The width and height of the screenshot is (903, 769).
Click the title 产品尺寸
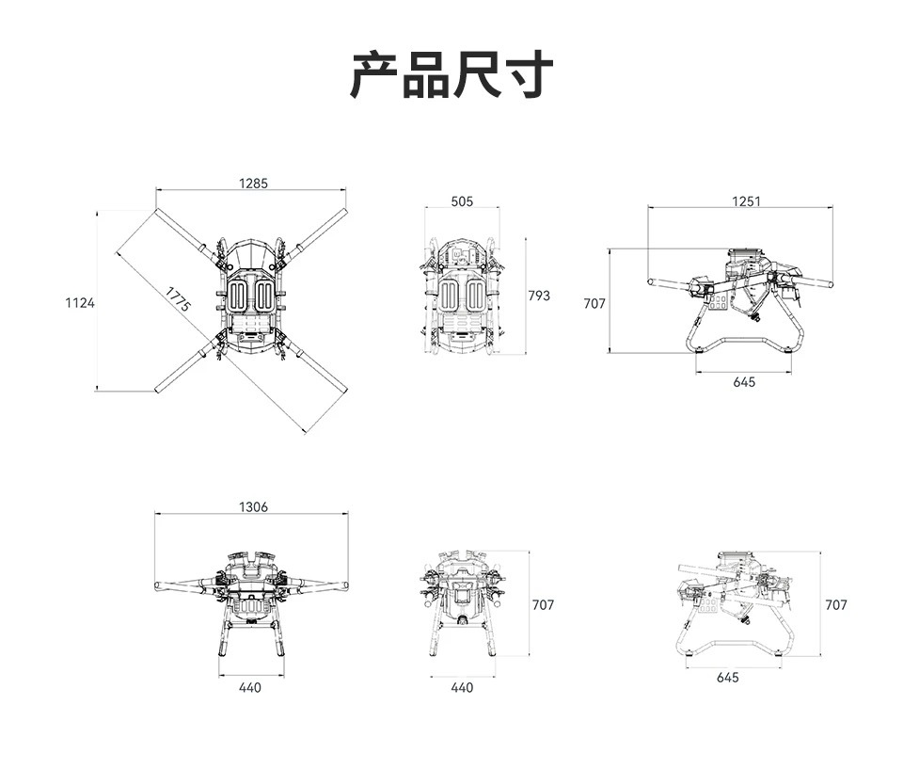click(452, 75)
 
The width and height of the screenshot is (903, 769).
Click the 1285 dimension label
click(253, 184)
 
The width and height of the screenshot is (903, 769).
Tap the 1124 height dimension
click(80, 303)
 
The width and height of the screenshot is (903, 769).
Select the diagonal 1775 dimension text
click(178, 299)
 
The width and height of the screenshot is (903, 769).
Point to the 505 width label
click(462, 201)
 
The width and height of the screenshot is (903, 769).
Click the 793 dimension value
click(539, 296)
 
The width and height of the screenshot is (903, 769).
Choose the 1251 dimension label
click(746, 201)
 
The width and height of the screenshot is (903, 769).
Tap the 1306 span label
click(253, 506)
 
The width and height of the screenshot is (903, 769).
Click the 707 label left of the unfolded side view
click(594, 303)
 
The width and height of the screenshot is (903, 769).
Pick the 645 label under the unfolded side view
click(744, 382)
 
